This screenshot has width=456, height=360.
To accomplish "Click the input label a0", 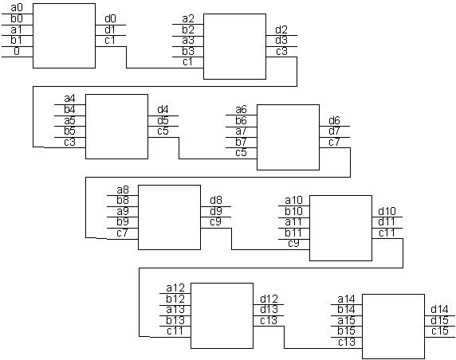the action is [16, 8].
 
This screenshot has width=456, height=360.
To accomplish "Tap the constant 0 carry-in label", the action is [17, 51].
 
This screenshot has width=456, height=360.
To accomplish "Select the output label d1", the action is [110, 29].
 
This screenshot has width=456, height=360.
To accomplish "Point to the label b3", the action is [188, 51].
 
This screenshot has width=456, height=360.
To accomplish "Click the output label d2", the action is [281, 29].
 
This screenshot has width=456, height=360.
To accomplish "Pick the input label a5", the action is [69, 120].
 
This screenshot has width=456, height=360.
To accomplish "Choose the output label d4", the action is [163, 110].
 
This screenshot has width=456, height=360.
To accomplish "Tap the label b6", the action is [241, 120].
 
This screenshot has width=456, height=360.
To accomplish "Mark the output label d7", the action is [334, 131].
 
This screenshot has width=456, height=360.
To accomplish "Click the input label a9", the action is [123, 211].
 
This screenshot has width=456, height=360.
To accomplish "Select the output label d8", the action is [216, 200].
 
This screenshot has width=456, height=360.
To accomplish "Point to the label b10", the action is [293, 211].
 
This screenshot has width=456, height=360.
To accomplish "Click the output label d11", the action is [387, 222].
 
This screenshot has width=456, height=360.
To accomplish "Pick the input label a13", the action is [175, 310].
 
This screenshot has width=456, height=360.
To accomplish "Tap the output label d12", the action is [269, 299].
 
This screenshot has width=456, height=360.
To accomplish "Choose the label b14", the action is [346, 310].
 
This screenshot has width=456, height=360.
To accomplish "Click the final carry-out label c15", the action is [440, 331].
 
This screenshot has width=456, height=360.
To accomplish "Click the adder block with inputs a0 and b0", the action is [64, 36].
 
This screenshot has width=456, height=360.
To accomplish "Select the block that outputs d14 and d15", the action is [393, 327].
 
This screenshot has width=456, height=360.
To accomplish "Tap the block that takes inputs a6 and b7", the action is [288, 137].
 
